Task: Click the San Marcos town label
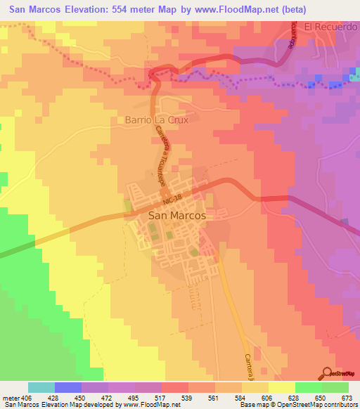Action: (177, 216)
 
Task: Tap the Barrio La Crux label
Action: (157, 119)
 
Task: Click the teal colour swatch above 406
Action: (41, 387)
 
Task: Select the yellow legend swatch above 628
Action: (281, 387)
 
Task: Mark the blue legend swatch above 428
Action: (68, 387)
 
